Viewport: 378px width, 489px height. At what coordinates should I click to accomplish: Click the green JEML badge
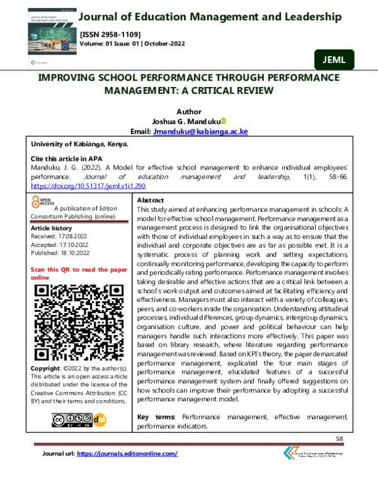pyautogui.click(x=333, y=60)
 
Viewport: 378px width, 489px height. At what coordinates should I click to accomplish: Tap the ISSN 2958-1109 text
pyautogui.click(x=110, y=33)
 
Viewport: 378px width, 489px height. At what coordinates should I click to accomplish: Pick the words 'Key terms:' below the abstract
pyautogui.click(x=156, y=417)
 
